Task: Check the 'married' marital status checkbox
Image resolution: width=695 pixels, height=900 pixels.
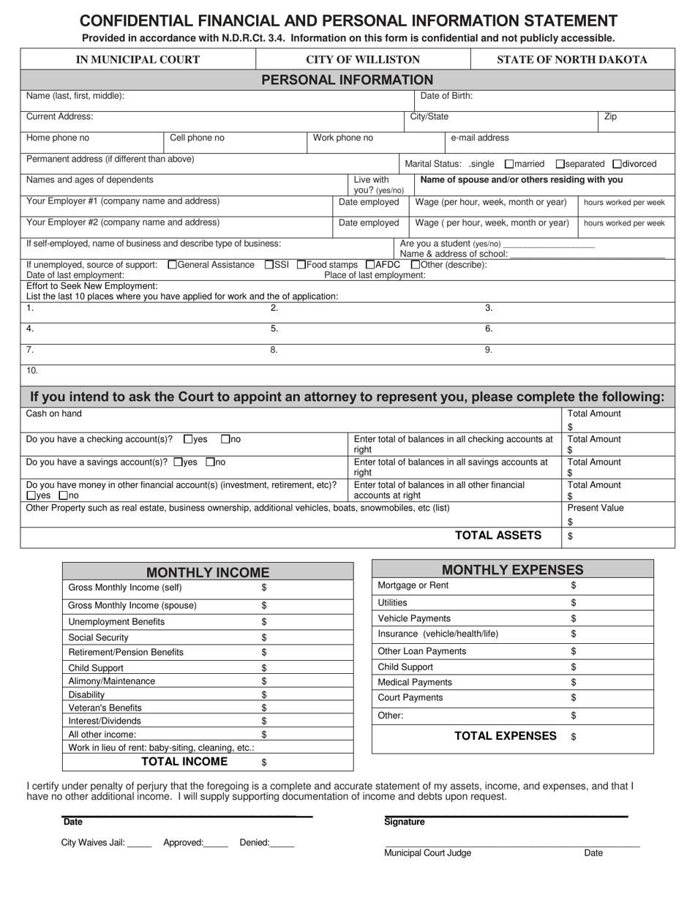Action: tap(510, 165)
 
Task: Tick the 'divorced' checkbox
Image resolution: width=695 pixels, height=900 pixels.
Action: tap(617, 165)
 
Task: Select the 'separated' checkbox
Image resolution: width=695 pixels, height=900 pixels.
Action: tap(560, 165)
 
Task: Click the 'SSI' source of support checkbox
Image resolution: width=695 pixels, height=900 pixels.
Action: tap(269, 265)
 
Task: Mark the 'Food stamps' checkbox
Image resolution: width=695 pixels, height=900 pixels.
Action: tap(301, 265)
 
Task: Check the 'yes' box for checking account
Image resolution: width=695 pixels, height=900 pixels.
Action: tap(188, 440)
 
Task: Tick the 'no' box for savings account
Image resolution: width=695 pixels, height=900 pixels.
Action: tap(211, 462)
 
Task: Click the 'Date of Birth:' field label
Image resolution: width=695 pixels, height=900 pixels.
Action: tap(446, 96)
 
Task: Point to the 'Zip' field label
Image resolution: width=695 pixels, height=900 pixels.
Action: tap(610, 117)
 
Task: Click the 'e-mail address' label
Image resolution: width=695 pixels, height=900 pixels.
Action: tap(479, 138)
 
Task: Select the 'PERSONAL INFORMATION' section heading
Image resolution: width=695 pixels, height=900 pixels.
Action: tap(347, 80)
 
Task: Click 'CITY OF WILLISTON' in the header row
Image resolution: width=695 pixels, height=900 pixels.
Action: tap(363, 60)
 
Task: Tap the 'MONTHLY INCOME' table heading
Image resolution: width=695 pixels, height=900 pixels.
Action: tap(208, 573)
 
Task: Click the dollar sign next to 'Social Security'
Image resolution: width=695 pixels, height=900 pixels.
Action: tap(264, 638)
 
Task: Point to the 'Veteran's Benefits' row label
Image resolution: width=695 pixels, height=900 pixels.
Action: tap(105, 708)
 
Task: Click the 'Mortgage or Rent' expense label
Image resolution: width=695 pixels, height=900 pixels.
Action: tap(413, 586)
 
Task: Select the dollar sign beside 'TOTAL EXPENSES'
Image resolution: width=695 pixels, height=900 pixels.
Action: tap(574, 738)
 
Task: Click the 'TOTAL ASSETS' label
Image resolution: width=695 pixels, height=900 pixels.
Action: tap(498, 536)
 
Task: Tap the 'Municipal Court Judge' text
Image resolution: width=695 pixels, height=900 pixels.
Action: tap(428, 853)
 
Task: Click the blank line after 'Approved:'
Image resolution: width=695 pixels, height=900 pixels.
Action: tap(216, 844)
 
